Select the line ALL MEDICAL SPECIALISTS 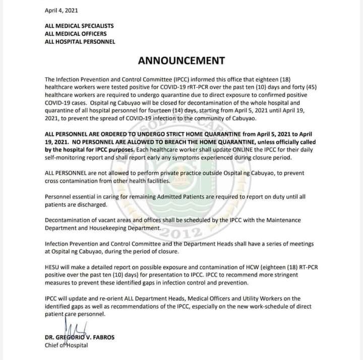pos(79,26)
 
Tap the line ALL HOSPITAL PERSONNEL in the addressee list pos(80,42)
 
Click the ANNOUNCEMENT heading pos(181,61)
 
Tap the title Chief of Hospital pos(66,345)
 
